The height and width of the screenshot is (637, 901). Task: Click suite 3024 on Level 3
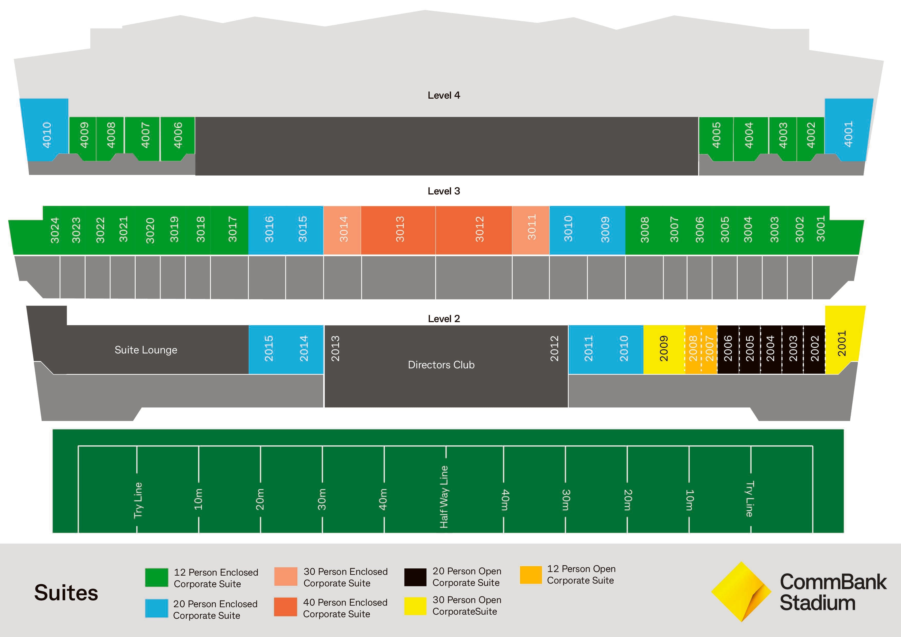[x=54, y=230]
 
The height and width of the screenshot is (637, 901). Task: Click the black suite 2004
[x=770, y=349]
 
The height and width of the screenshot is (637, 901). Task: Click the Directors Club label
[x=441, y=365]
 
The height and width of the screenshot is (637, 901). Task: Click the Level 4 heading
[x=443, y=95]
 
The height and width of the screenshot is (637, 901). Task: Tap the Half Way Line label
[x=443, y=497]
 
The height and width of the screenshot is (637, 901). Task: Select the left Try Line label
[x=138, y=500]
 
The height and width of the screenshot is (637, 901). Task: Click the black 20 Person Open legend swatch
[x=415, y=577]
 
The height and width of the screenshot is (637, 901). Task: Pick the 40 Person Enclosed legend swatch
[x=285, y=607]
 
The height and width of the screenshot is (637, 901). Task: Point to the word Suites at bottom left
[x=66, y=593]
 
